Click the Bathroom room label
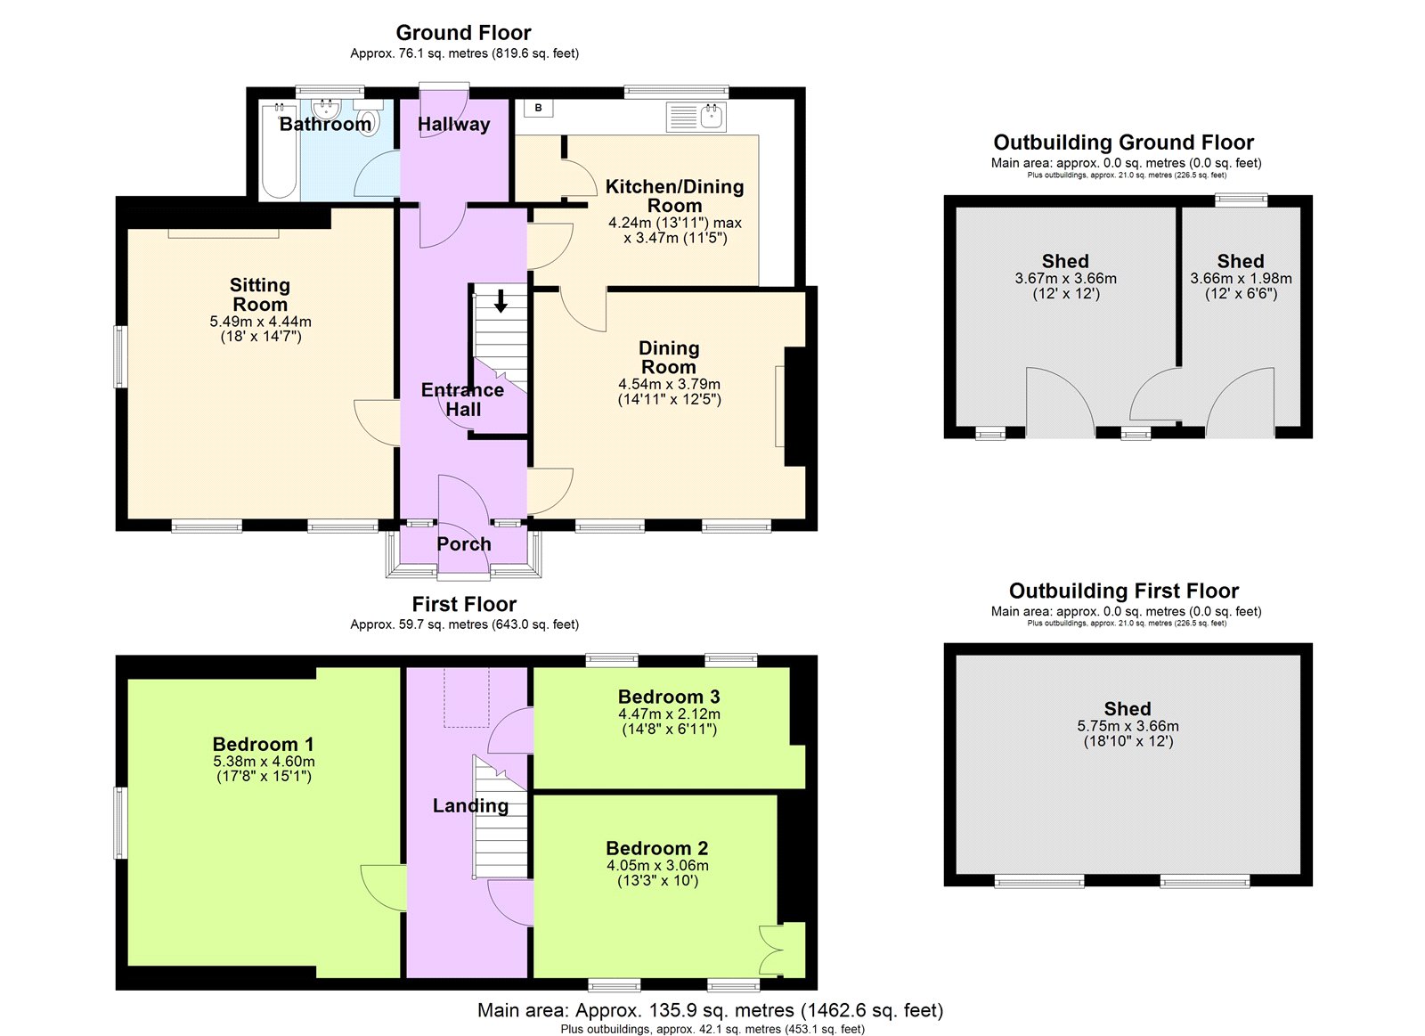325,124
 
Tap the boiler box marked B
538,109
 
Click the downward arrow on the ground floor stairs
501,301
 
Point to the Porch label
463,544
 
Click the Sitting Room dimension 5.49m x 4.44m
260,322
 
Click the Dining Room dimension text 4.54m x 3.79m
669,385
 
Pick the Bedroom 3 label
669,697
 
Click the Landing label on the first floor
470,806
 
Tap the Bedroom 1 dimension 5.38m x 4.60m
264,762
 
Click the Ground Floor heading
463,33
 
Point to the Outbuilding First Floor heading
1124,591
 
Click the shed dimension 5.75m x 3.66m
1128,726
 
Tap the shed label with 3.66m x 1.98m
1241,261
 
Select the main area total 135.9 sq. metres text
710,1010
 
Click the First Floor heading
463,604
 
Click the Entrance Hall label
462,399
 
